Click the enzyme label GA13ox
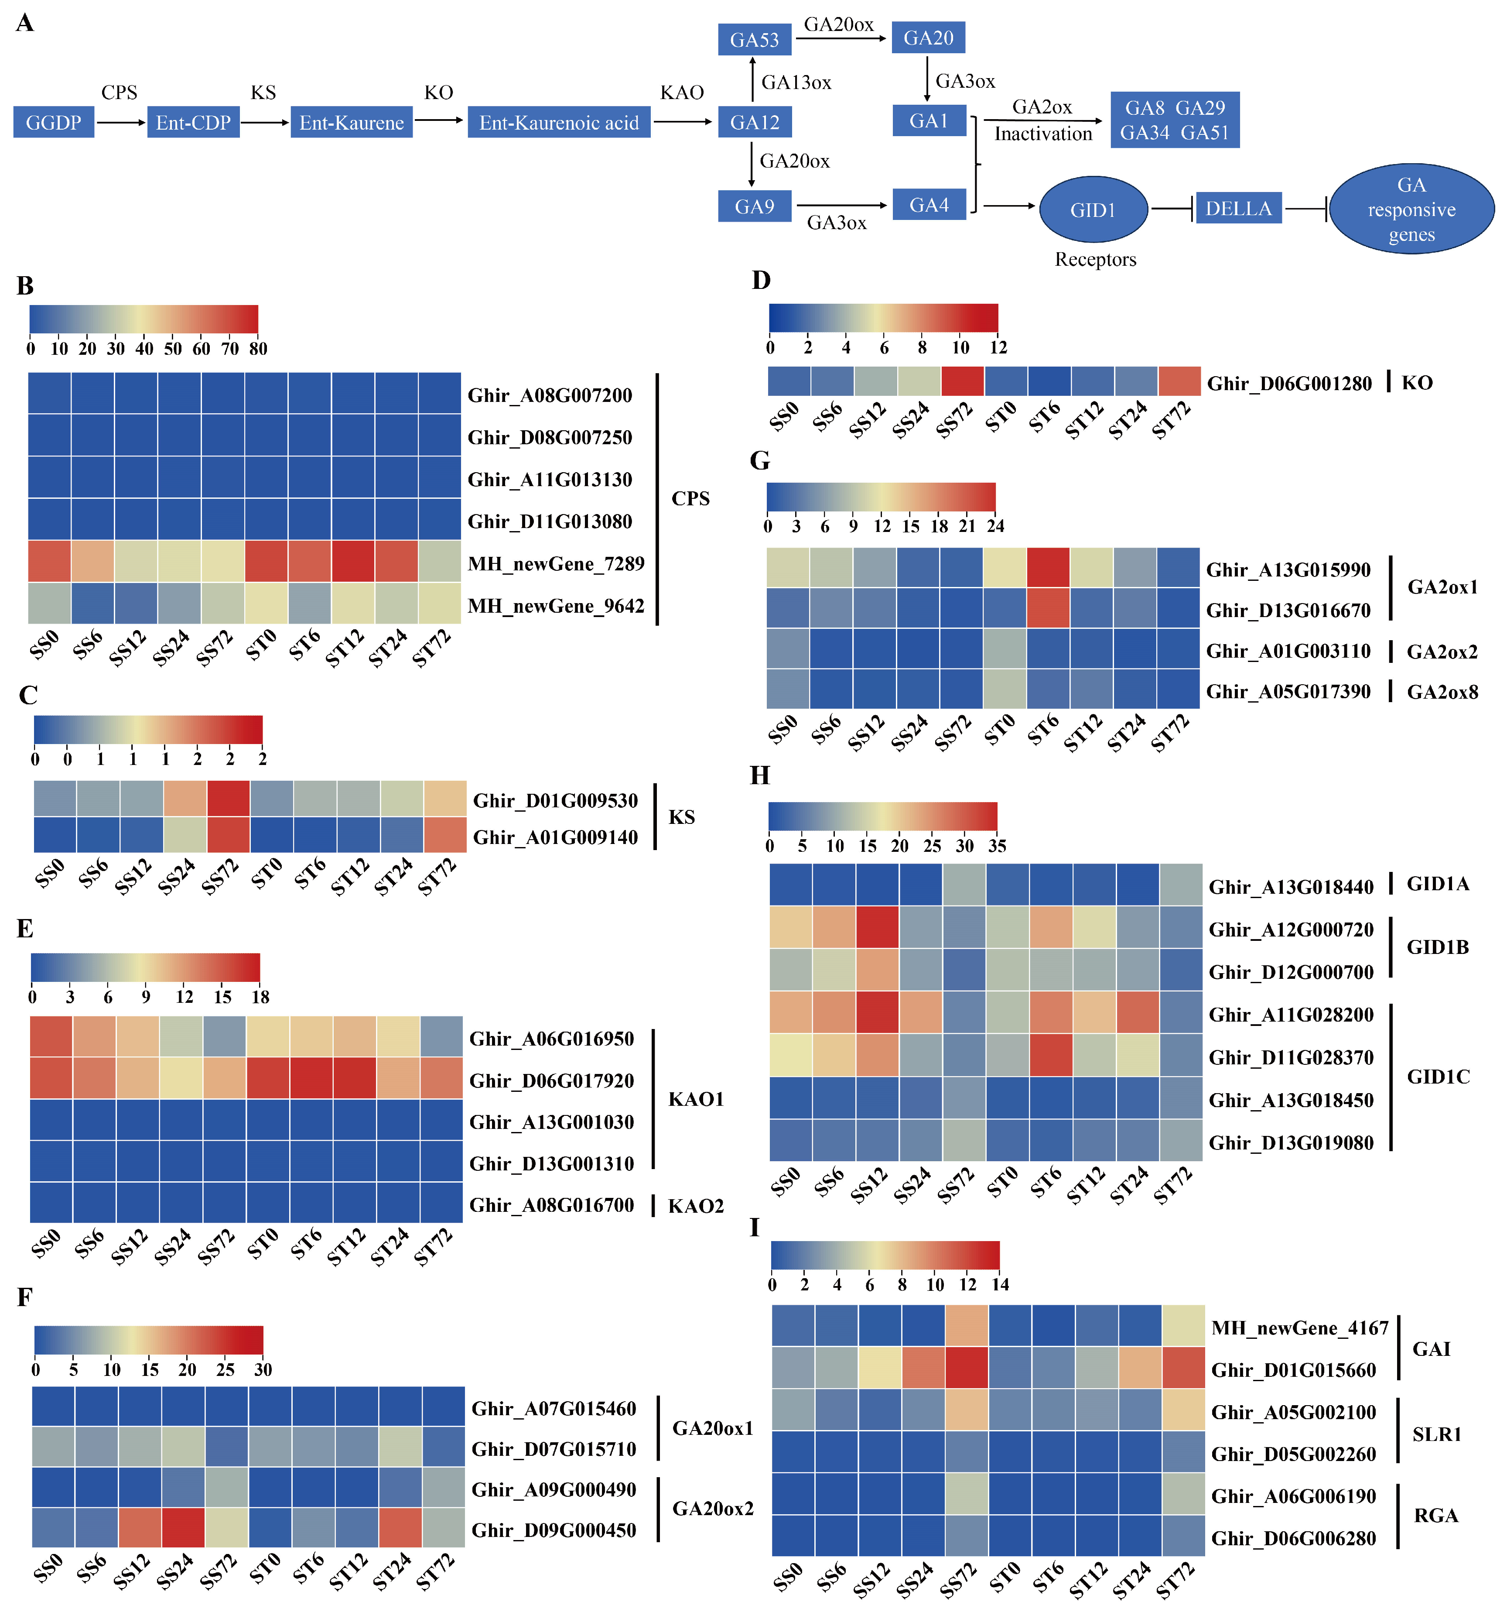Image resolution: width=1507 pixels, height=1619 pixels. [796, 82]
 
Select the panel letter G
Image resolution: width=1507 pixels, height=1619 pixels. [759, 461]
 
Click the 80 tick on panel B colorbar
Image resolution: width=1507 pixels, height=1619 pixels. [258, 349]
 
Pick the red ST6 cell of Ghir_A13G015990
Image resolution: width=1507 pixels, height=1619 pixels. [1048, 568]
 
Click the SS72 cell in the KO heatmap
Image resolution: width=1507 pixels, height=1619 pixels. [962, 381]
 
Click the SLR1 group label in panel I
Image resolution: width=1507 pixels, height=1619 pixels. [1436, 1434]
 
